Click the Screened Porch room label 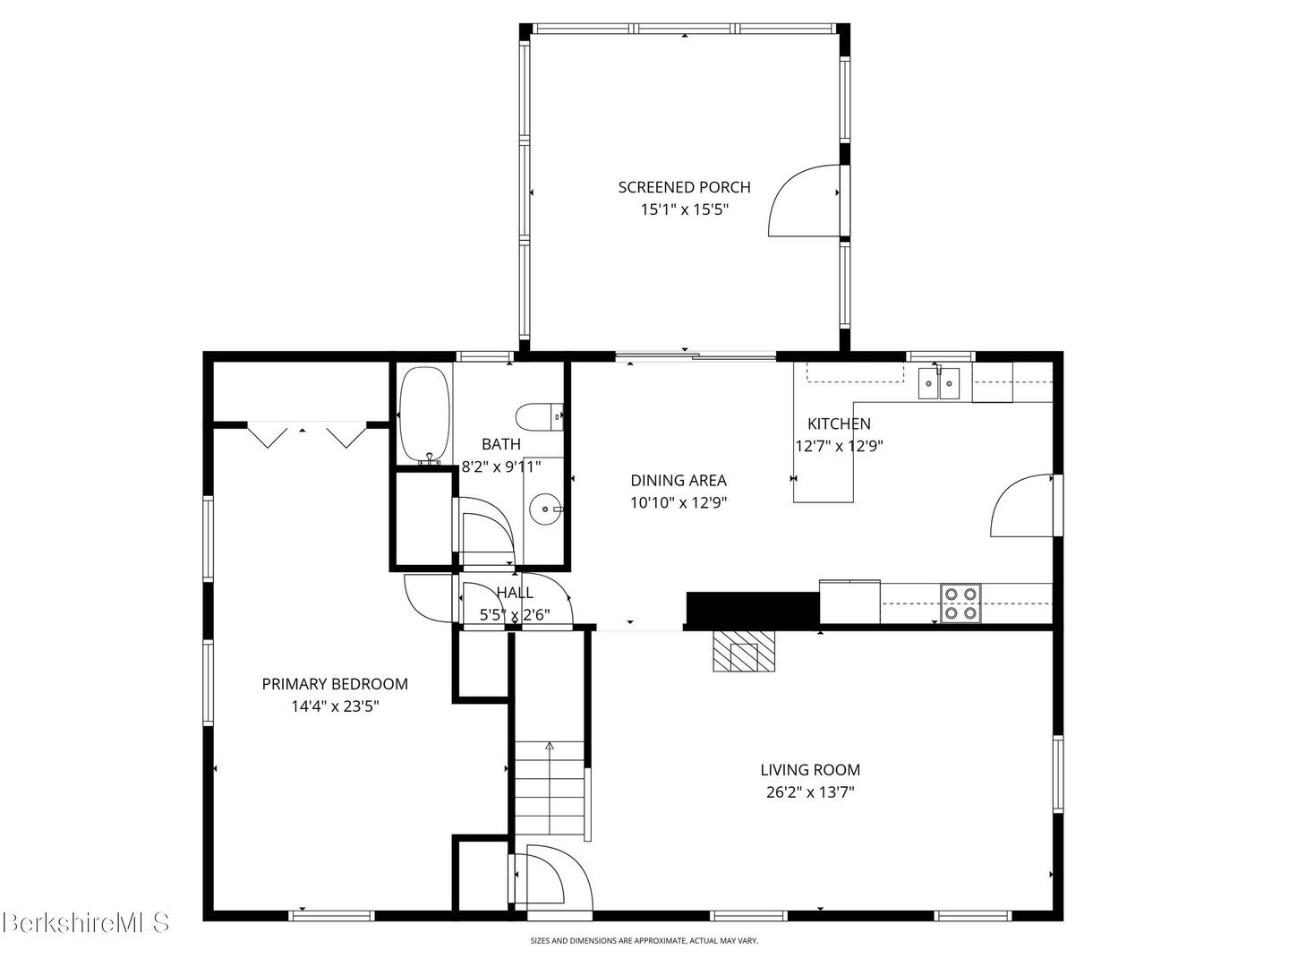point(684,187)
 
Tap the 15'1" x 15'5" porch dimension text point(684,210)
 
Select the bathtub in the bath point(424,415)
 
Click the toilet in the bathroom point(539,417)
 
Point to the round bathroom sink point(546,509)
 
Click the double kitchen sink point(939,383)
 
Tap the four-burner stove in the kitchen point(960,603)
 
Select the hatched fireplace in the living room point(745,651)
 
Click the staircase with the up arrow point(550,788)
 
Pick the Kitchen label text point(839,424)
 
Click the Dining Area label point(679,480)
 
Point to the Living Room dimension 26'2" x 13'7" point(810,792)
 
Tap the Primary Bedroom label point(335,684)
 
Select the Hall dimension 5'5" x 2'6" point(515,615)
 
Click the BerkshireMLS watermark point(86,922)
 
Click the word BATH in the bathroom point(501,444)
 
